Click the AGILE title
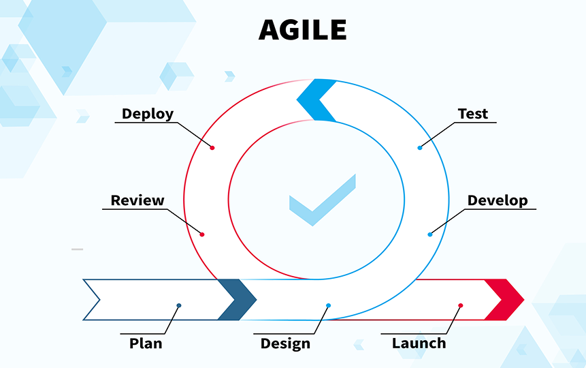(x=302, y=30)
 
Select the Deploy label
(x=148, y=114)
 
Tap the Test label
(x=473, y=114)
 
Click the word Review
(x=137, y=200)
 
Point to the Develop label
(x=498, y=200)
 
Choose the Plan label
(x=146, y=343)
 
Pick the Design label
(x=285, y=343)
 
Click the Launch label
(x=419, y=343)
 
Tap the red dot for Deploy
(x=212, y=148)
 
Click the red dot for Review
(x=202, y=234)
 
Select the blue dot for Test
(x=420, y=148)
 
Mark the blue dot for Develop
(x=430, y=234)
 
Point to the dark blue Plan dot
(x=179, y=305)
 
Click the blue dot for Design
(x=328, y=305)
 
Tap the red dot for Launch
(x=461, y=305)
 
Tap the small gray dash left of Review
(x=78, y=249)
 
